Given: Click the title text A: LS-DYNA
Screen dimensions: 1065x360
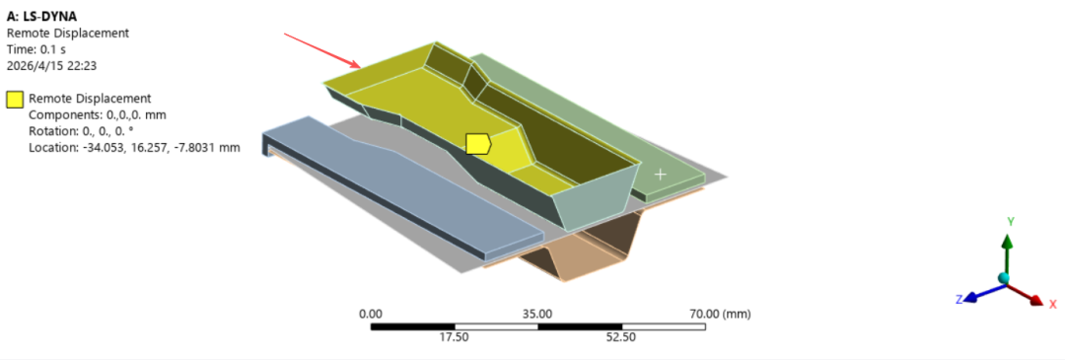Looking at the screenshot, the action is pyautogui.click(x=42, y=18).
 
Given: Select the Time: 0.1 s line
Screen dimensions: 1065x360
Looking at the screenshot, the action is pyautogui.click(x=36, y=49).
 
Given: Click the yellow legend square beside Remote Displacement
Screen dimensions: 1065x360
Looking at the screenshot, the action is pyautogui.click(x=15, y=100).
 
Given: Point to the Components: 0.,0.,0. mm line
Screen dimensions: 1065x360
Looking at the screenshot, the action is pyautogui.click(x=97, y=114).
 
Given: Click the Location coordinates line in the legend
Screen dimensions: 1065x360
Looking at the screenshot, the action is pyautogui.click(x=134, y=147).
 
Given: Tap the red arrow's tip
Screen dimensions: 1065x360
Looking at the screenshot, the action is pyautogui.click(x=360, y=67).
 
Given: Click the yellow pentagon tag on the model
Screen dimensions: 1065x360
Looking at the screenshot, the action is pyautogui.click(x=479, y=143).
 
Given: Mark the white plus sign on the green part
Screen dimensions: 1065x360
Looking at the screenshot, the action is pyautogui.click(x=660, y=174).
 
